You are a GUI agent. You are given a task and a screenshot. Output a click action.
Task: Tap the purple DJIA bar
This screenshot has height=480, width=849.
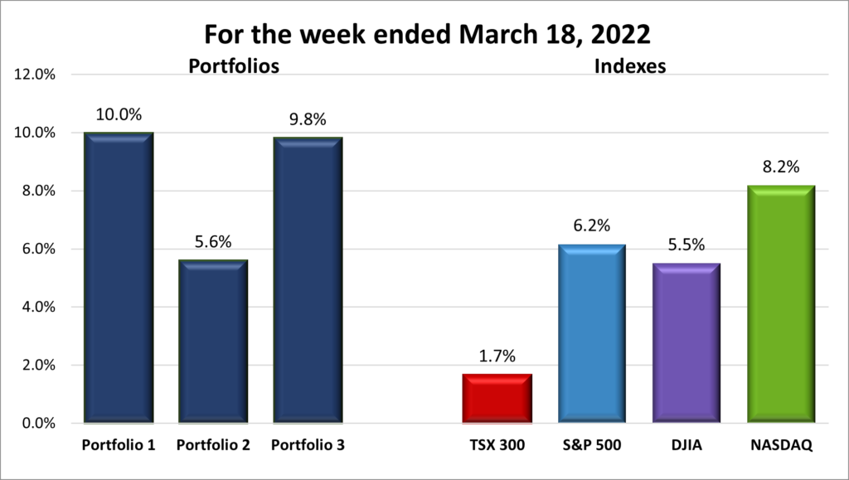[x=686, y=343]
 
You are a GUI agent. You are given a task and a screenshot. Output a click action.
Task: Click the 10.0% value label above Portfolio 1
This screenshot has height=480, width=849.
[x=119, y=114]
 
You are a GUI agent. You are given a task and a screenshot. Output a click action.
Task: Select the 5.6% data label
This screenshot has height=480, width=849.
[x=213, y=242]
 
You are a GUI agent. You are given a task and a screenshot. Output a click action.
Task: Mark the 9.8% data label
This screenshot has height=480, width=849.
[x=308, y=119]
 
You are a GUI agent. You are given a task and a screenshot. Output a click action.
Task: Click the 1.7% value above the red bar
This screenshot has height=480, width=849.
[x=497, y=356]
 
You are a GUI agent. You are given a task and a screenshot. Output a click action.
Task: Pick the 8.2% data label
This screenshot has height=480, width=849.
[x=780, y=167]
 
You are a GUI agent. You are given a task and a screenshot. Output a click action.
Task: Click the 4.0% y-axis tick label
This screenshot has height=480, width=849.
[x=36, y=307]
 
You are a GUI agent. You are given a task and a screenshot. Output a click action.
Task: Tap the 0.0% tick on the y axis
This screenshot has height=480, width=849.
[x=36, y=424]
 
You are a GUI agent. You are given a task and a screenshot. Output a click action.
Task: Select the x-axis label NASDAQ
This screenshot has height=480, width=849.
[x=780, y=445]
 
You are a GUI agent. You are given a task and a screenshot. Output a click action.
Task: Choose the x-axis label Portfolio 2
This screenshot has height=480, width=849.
[x=213, y=445]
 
